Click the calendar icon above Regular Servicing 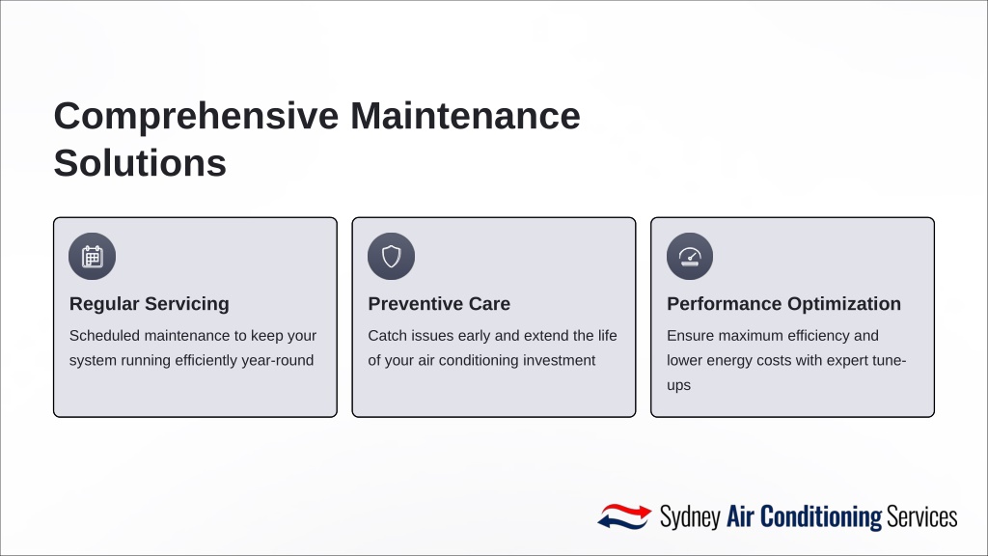pyautogui.click(x=92, y=257)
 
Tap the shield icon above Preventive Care pyautogui.click(x=392, y=257)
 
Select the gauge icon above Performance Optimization pyautogui.click(x=690, y=257)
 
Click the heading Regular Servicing pyautogui.click(x=150, y=304)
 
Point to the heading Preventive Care pyautogui.click(x=439, y=304)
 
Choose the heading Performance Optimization pyautogui.click(x=783, y=304)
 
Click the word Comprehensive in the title pyautogui.click(x=197, y=117)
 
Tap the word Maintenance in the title pyautogui.click(x=465, y=116)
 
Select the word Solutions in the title pyautogui.click(x=140, y=163)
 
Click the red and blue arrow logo pyautogui.click(x=624, y=516)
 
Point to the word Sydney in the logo pyautogui.click(x=690, y=517)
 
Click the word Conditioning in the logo pyautogui.click(x=821, y=517)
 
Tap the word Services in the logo pyautogui.click(x=921, y=517)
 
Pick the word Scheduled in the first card pyautogui.click(x=104, y=335)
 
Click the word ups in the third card pyautogui.click(x=678, y=385)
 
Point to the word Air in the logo pyautogui.click(x=740, y=516)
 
